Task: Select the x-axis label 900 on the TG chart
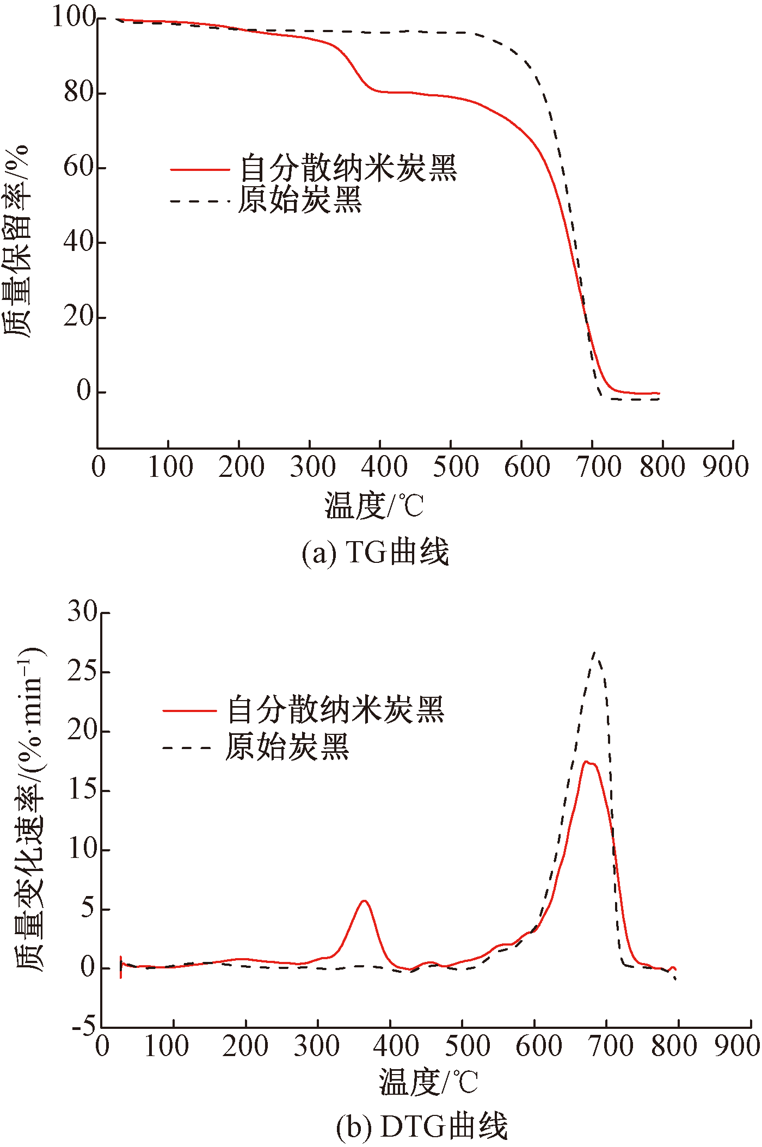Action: (726, 467)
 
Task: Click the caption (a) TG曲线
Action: (376, 552)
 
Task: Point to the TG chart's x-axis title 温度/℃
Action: (374, 506)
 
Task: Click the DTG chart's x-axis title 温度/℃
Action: (429, 1081)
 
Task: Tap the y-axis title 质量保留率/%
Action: (17, 242)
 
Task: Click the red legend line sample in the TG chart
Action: (200, 170)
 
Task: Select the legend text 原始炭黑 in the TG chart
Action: (300, 200)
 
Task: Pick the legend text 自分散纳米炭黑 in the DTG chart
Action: (336, 709)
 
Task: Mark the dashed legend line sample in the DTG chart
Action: (187, 748)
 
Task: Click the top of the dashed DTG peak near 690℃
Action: (595, 652)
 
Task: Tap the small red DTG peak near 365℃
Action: (364, 901)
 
